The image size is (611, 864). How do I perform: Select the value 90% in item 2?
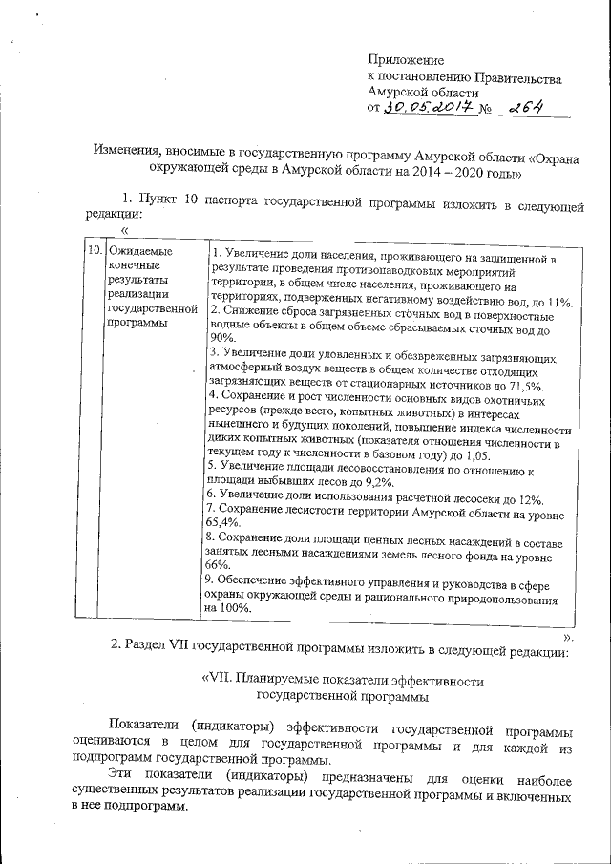(221, 338)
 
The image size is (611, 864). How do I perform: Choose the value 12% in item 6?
(531, 498)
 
